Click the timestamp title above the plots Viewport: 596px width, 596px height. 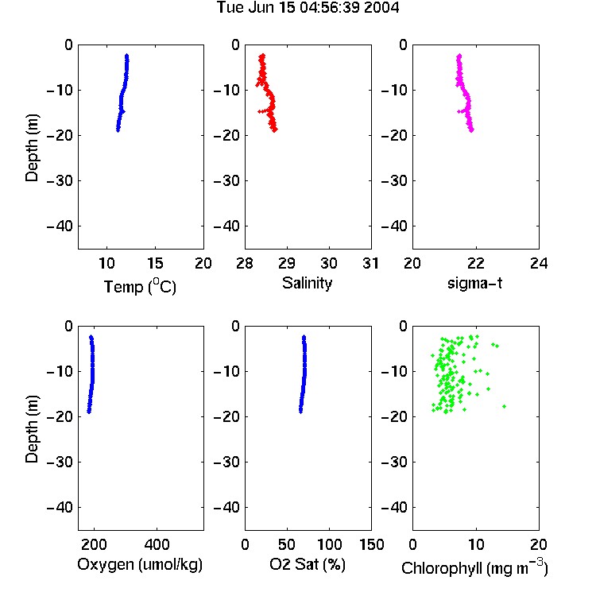coord(308,8)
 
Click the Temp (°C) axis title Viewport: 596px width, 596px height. coord(140,286)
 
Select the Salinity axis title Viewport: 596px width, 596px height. coord(307,284)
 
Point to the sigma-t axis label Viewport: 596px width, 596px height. coord(474,283)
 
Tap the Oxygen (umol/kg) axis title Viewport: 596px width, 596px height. coord(140,565)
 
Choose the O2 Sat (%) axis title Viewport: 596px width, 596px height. coord(307,565)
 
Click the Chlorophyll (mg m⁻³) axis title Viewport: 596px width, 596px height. coord(474,567)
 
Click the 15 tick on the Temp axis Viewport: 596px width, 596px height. coord(155,263)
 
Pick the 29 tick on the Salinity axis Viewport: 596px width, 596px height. coord(287,263)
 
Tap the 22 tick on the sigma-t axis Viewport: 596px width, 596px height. coord(475,263)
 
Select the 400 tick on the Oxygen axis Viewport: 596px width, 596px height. coord(157,544)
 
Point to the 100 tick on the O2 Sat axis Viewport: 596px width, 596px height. coord(329,544)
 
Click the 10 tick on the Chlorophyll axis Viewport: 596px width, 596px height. coord(475,544)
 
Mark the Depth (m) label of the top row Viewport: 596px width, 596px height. coord(32,148)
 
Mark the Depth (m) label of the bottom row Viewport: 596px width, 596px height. coord(32,429)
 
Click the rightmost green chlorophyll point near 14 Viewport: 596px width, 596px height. coord(504,406)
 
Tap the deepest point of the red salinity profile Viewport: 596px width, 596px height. coord(275,130)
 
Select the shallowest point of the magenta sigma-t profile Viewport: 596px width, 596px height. coord(459,56)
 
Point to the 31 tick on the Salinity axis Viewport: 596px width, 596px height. coord(370,263)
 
